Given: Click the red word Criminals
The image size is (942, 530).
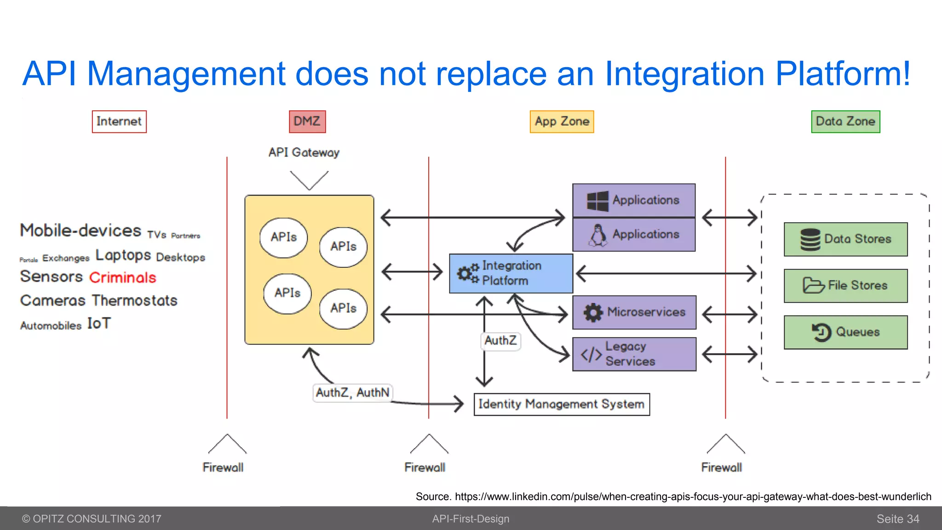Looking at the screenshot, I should click(x=123, y=277).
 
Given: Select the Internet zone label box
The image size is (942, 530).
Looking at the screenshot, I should click(x=119, y=121).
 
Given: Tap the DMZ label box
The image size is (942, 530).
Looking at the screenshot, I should click(x=307, y=121).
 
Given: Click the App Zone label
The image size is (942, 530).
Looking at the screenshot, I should click(x=562, y=121).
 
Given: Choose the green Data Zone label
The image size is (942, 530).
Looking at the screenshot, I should click(x=845, y=121).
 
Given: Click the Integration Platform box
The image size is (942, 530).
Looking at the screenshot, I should click(x=511, y=273).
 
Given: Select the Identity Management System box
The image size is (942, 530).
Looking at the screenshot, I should click(x=562, y=404).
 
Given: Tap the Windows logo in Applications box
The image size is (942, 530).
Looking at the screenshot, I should click(x=597, y=201).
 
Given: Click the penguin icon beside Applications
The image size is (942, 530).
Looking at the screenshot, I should click(x=598, y=235).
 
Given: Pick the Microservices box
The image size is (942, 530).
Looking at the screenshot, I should click(x=634, y=312).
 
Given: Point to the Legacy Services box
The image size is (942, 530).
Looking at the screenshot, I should click(x=634, y=354).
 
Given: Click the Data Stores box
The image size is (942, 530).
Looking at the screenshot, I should click(x=845, y=239).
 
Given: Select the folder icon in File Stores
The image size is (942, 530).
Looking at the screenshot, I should click(x=813, y=285).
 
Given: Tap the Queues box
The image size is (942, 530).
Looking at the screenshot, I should click(x=845, y=332).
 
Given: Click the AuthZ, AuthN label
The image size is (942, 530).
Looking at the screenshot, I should click(x=353, y=393).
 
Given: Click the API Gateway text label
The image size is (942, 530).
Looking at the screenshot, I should click(x=304, y=152).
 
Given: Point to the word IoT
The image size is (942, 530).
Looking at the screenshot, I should click(x=99, y=323).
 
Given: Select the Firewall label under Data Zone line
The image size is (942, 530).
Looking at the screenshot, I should click(x=721, y=467).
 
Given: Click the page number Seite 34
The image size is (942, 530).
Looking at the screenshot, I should click(x=897, y=519).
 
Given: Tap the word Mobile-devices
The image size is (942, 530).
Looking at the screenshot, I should click(x=80, y=230).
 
